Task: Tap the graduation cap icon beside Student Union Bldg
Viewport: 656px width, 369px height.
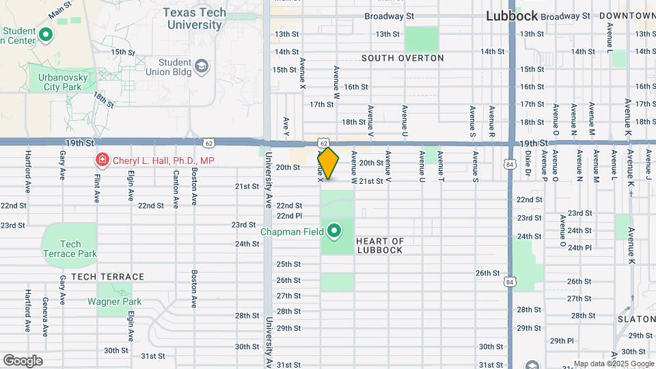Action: click(202, 66)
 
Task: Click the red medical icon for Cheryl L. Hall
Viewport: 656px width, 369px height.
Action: click(102, 161)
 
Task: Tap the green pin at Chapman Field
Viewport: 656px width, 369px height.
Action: click(334, 232)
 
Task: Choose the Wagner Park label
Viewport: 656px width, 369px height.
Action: click(114, 301)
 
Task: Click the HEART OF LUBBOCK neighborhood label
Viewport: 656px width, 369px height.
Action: click(381, 245)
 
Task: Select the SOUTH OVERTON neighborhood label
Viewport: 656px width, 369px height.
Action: click(402, 58)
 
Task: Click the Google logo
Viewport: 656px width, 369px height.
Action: click(22, 361)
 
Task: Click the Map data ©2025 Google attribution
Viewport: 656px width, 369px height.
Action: click(613, 364)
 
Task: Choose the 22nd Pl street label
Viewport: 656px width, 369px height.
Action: click(289, 215)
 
